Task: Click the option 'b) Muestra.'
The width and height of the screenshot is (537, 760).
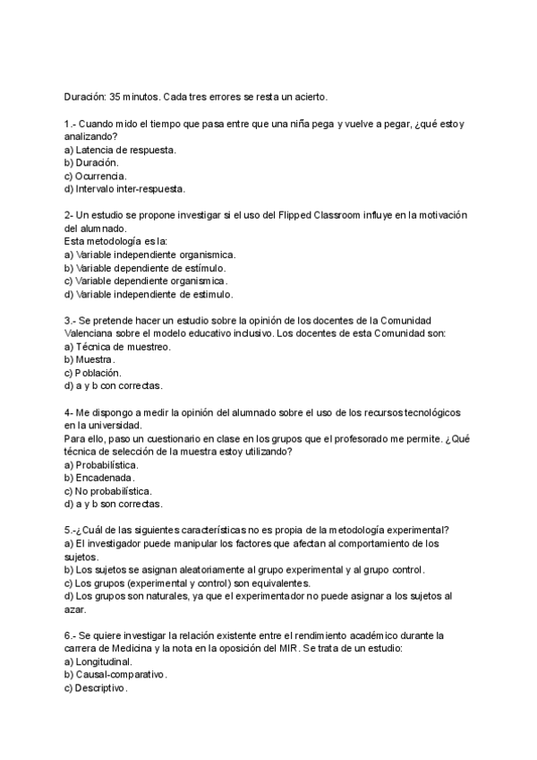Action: click(x=89, y=359)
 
